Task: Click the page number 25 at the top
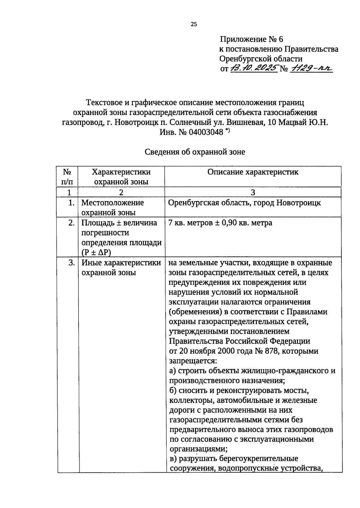(194, 25)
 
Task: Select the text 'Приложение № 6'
(251, 39)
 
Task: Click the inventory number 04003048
(206, 132)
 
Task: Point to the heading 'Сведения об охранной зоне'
(195, 152)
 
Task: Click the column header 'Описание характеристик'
(253, 172)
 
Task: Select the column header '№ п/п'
(67, 177)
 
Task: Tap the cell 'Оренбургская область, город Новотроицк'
(244, 203)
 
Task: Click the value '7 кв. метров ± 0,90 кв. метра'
(220, 223)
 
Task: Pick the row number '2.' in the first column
(71, 223)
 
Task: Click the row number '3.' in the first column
(71, 263)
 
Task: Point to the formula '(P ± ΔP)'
(96, 252)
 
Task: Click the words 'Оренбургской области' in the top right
(261, 59)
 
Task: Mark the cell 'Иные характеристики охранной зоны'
(121, 268)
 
